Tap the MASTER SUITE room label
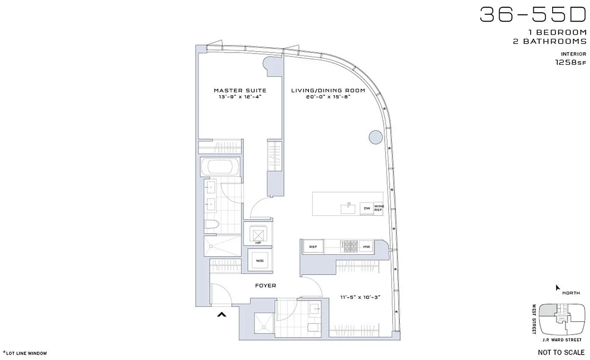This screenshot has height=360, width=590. [233, 90]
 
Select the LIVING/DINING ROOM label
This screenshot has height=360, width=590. [328, 90]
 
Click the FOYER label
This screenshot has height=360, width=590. [265, 286]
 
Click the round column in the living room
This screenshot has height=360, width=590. [375, 137]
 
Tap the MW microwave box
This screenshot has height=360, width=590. [367, 247]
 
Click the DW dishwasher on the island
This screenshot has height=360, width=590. [367, 208]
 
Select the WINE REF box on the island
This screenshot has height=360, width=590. [378, 208]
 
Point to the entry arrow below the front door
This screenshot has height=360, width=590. [221, 315]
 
